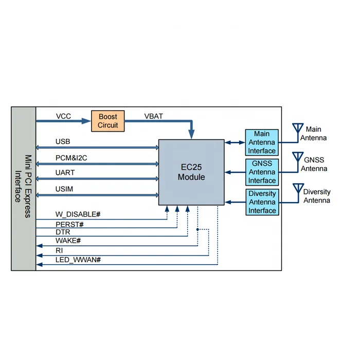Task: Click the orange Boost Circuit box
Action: pos(108,121)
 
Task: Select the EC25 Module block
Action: pos(191,172)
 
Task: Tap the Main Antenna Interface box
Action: pos(262,142)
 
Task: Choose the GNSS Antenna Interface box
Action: pos(262,172)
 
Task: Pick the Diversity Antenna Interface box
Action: pos(262,202)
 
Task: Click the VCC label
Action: pos(63,116)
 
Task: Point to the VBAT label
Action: pos(153,116)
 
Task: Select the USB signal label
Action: pos(63,141)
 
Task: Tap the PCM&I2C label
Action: pos(71,158)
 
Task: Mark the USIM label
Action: pos(64,189)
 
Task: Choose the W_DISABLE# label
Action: pos(78,214)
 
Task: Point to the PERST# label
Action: pos(69,225)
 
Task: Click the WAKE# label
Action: pos(68,241)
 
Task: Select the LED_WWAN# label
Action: pos(78,260)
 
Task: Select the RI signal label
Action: pos(59,250)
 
